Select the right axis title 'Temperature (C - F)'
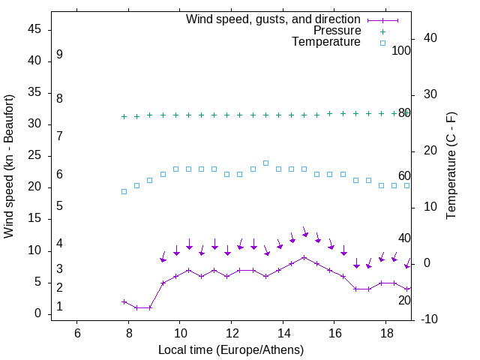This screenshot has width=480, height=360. pyautogui.click(x=451, y=166)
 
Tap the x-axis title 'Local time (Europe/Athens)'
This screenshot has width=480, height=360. pyautogui.click(x=231, y=349)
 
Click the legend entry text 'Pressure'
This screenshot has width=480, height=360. pyautogui.click(x=337, y=31)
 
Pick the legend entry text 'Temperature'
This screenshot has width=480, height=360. pyautogui.click(x=326, y=42)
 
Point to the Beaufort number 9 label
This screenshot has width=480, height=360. pyautogui.click(x=59, y=55)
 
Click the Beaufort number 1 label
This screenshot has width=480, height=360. pyautogui.click(x=59, y=307)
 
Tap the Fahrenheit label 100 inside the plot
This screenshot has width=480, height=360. pyautogui.click(x=401, y=51)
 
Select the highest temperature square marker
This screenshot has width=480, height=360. pyautogui.click(x=265, y=163)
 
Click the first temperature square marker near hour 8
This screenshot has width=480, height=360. pyautogui.click(x=124, y=191)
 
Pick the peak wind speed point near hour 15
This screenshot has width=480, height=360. pyautogui.click(x=304, y=257)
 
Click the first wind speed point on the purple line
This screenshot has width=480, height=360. pyautogui.click(x=124, y=301)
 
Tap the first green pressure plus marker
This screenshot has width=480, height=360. pyautogui.click(x=124, y=116)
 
